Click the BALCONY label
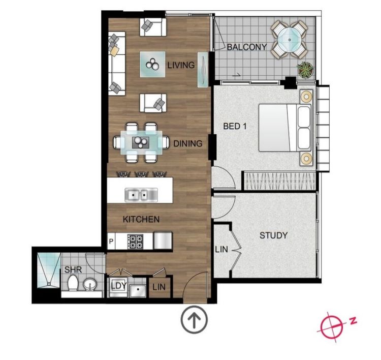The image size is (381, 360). [246, 47]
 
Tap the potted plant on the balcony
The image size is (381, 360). [305, 69]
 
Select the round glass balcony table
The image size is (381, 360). [290, 39]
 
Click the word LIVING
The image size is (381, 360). [181, 65]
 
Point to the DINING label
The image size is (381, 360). [188, 143]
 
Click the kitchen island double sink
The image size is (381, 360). [141, 195]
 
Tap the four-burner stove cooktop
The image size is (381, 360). [135, 241]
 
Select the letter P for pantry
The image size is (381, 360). [111, 242]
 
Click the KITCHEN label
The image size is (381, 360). [141, 219]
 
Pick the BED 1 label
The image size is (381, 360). [235, 126]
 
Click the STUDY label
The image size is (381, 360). [274, 235]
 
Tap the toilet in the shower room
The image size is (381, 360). [73, 283]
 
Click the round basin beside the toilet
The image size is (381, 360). [90, 284]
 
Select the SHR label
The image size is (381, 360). [73, 269]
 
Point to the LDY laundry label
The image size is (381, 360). [119, 286]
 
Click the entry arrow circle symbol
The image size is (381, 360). [194, 319]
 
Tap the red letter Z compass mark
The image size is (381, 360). [353, 321]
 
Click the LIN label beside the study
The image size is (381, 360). [221, 249]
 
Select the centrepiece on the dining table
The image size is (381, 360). [141, 142]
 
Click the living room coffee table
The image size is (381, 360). [152, 65]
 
